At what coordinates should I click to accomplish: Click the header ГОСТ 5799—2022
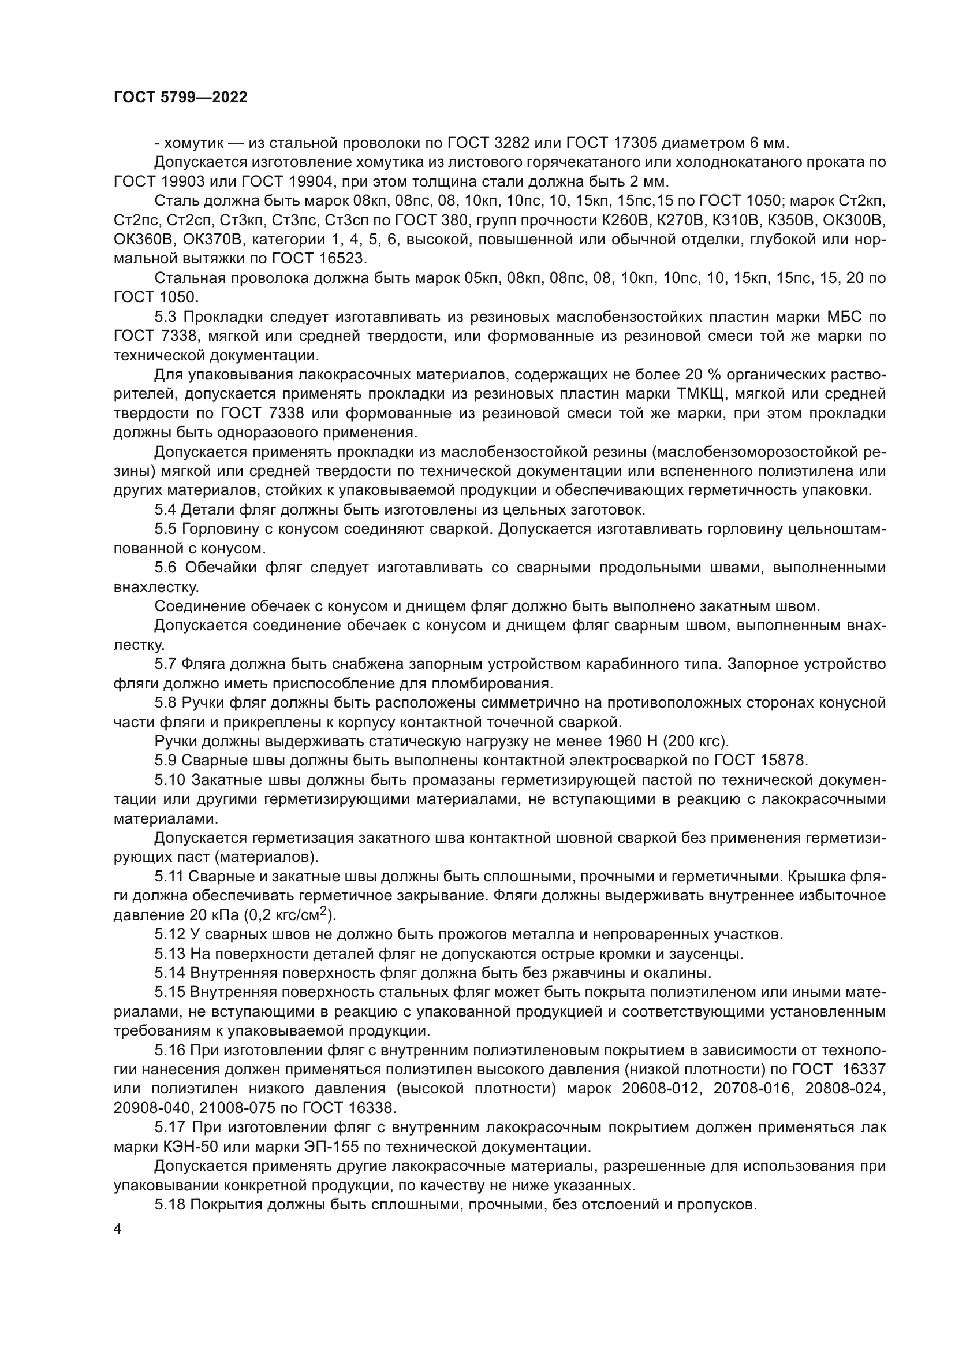[x=180, y=98]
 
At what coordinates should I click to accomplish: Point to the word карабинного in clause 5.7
[x=607, y=664]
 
